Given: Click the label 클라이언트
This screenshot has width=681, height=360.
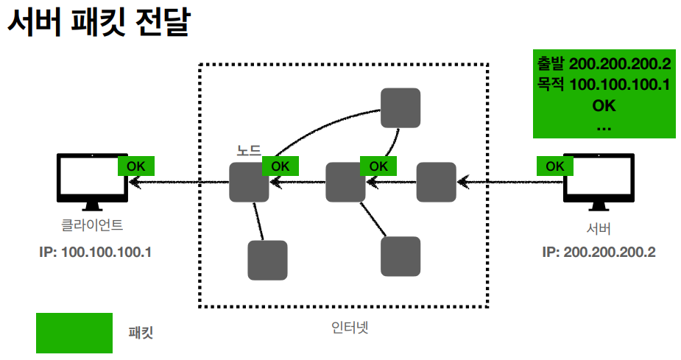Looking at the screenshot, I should pyautogui.click(x=92, y=225).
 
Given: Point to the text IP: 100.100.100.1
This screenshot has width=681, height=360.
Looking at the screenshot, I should pyautogui.click(x=95, y=252).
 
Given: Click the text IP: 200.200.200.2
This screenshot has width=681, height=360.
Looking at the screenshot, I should pyautogui.click(x=599, y=252).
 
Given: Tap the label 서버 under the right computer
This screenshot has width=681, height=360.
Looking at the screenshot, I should pyautogui.click(x=599, y=227).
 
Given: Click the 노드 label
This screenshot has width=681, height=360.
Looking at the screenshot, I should pyautogui.click(x=248, y=149).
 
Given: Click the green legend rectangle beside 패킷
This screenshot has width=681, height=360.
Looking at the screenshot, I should pyautogui.click(x=74, y=333).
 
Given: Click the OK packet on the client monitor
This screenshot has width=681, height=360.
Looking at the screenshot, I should pyautogui.click(x=136, y=166).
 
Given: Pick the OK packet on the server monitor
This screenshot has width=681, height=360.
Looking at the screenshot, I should pyautogui.click(x=555, y=166).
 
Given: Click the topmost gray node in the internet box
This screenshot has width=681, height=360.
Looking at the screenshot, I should pyautogui.click(x=401, y=107).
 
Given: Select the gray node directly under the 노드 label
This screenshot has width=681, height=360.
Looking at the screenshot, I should pyautogui.click(x=249, y=183).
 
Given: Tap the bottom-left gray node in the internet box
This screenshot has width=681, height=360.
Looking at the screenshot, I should pyautogui.click(x=267, y=260).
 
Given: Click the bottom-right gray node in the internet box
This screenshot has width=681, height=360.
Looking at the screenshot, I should pyautogui.click(x=401, y=255).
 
